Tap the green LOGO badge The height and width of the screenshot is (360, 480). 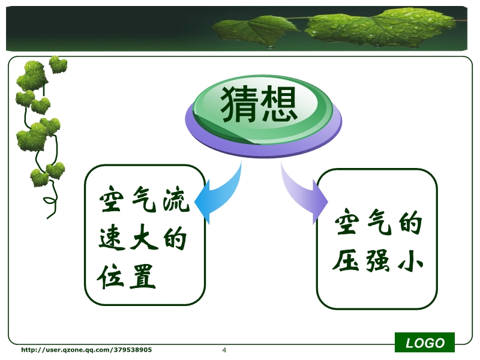(425, 343)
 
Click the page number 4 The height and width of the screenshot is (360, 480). (224, 350)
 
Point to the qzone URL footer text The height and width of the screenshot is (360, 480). (86, 350)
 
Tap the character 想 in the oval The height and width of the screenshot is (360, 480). (278, 103)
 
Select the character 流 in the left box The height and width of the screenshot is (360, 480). (176, 200)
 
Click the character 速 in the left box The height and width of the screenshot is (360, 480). (112, 238)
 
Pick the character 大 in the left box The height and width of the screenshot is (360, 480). (143, 238)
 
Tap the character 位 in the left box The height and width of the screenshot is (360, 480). (110, 277)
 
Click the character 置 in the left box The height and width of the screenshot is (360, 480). (143, 277)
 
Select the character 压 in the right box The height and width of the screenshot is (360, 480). (346, 260)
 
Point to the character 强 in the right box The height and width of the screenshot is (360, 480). (378, 260)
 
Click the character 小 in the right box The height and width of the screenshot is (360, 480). (410, 260)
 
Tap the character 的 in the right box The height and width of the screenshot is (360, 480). (411, 223)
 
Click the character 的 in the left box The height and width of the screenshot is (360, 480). (175, 238)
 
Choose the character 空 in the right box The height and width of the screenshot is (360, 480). (347, 221)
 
